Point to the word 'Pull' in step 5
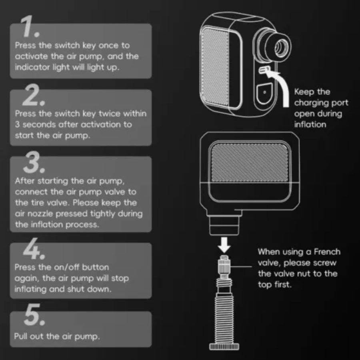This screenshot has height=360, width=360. click(22, 336)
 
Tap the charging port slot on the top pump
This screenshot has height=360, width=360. click(264, 70)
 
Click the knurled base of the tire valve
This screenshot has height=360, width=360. click(224, 346)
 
